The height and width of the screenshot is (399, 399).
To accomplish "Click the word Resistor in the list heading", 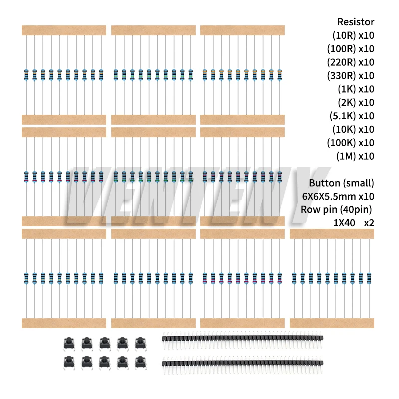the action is click(355, 22).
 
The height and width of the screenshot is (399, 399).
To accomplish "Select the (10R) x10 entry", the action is click(353, 35).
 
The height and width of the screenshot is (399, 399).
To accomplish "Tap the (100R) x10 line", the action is click(350, 49).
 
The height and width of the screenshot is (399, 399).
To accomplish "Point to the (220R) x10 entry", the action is click(350, 62).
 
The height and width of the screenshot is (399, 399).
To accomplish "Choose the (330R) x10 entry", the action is click(350, 76).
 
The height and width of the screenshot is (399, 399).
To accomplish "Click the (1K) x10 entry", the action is click(355, 89).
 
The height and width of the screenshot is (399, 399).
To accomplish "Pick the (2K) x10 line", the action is click(355, 103).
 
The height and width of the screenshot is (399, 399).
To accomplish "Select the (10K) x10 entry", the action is click(353, 130).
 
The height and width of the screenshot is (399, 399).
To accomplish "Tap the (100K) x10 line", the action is click(350, 143).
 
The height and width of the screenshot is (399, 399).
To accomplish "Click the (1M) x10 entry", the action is click(355, 156).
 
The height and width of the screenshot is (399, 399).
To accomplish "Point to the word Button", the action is click(324, 183).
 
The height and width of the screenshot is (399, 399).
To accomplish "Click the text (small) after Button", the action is click(358, 183).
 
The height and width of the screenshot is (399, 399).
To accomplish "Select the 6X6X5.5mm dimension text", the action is click(329, 196).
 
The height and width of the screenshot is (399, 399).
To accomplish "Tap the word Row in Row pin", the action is click(309, 209).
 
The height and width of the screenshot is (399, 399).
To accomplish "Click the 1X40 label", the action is click(344, 223).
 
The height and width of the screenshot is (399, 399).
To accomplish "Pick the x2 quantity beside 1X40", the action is click(369, 223).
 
